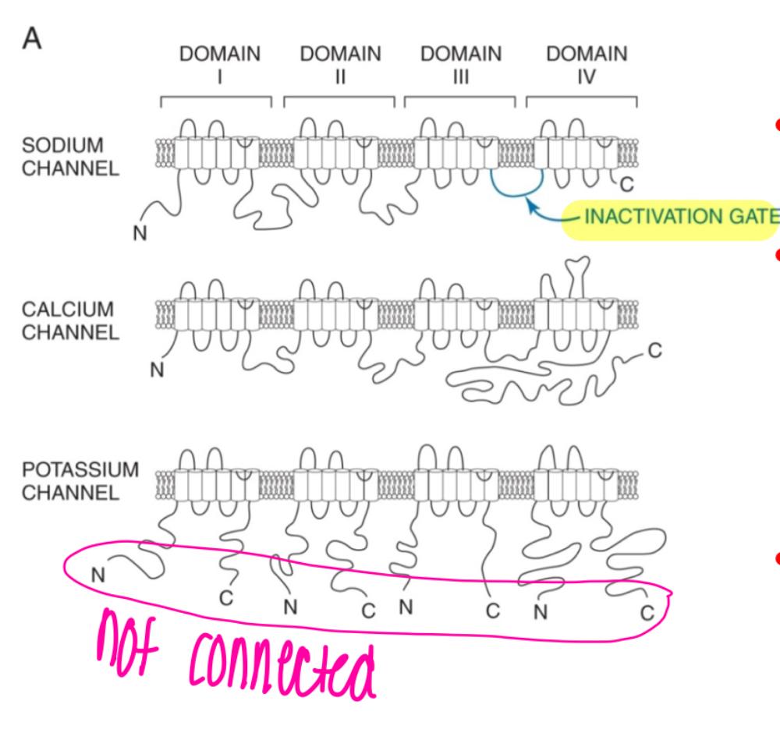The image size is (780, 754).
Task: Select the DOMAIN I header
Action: [220, 65]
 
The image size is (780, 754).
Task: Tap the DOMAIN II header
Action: [340, 65]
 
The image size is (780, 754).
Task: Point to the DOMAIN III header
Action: [461, 65]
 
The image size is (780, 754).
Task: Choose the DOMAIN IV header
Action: [587, 65]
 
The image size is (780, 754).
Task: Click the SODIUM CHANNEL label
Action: [70, 157]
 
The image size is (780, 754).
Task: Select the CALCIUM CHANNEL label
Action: [70, 320]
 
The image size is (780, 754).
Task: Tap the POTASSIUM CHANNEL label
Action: [80, 481]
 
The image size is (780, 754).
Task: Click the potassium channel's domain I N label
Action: [97, 575]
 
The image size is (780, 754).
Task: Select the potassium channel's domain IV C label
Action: [647, 612]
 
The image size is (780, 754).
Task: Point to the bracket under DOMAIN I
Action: [216, 99]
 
